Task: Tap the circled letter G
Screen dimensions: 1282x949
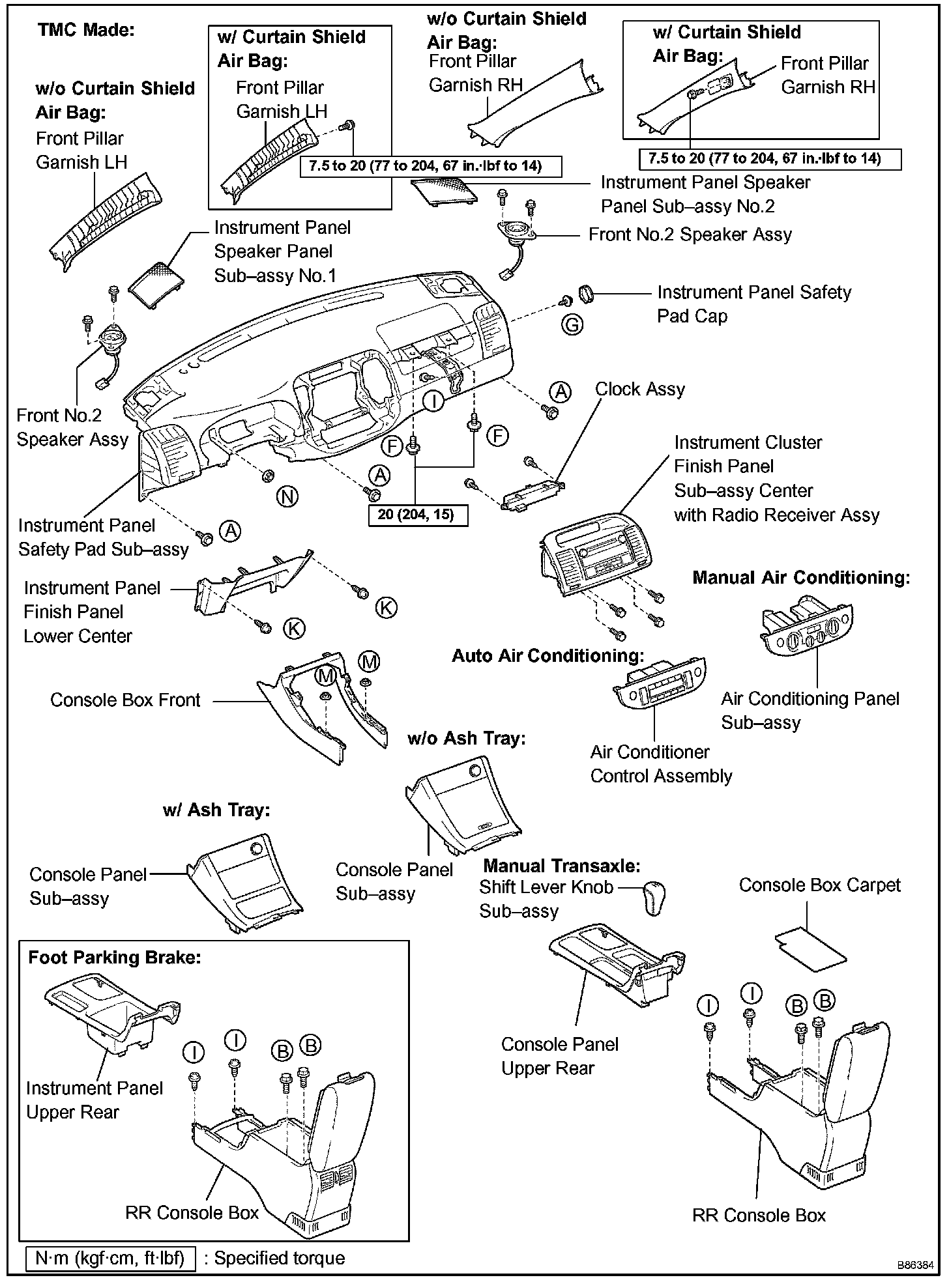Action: (572, 324)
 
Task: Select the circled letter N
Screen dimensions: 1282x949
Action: (287, 497)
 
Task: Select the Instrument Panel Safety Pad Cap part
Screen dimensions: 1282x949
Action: (585, 294)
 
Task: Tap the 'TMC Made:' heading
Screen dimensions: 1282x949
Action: (86, 30)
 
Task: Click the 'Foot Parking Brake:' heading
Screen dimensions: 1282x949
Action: (115, 958)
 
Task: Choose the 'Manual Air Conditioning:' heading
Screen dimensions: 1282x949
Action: (801, 578)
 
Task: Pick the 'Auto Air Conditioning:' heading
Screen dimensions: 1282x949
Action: (548, 655)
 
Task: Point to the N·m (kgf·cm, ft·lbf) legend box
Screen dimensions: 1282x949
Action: (110, 1257)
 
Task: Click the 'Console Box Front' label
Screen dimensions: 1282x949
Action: (125, 700)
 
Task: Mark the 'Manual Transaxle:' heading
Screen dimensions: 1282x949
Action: (562, 866)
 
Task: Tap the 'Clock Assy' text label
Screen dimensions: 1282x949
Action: (640, 390)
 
